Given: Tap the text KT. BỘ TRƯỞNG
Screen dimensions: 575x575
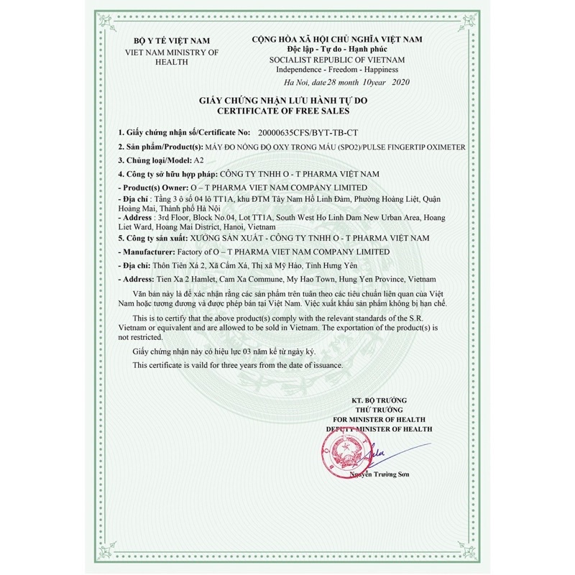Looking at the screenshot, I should (x=379, y=400).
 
